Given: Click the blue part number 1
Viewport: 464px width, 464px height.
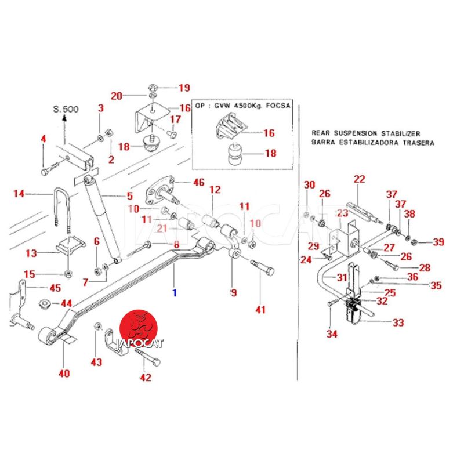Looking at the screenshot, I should (175, 293).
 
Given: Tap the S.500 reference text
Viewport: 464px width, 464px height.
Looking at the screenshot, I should (65, 108).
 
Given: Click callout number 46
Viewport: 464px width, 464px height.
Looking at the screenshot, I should (198, 182).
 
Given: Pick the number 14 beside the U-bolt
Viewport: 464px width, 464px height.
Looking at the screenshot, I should (19, 194).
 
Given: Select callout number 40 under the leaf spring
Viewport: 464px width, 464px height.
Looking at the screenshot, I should (64, 373).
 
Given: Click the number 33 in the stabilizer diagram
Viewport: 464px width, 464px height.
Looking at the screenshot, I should (397, 322).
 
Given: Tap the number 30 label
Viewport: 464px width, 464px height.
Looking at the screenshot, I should (310, 184).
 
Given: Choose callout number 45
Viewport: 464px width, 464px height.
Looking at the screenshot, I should (55, 287).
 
